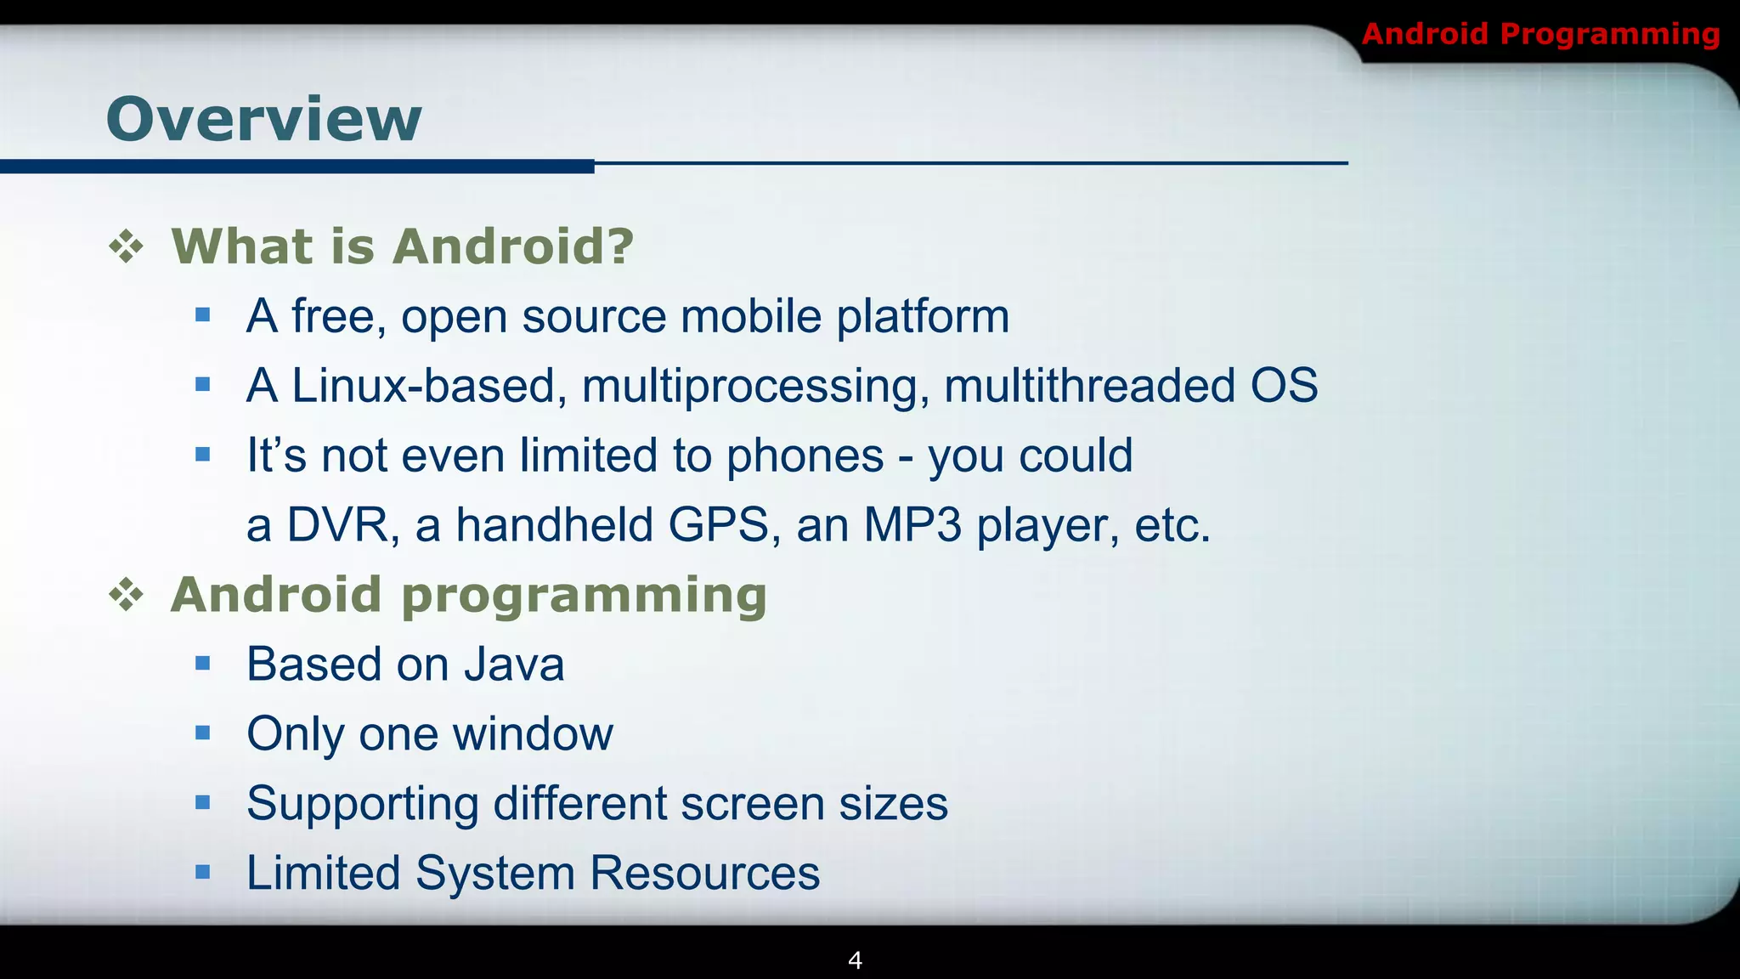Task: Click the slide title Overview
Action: pos(263,119)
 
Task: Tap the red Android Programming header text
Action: pos(1540,34)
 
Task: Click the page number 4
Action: pos(856,960)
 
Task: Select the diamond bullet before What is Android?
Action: pos(127,247)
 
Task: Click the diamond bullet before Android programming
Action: pos(127,595)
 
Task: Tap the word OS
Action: pos(1284,386)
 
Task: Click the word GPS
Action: pos(719,524)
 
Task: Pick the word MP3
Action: pos(912,524)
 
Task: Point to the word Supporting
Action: pos(363,805)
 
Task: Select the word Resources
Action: pos(704,873)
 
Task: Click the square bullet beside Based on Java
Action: pos(202,663)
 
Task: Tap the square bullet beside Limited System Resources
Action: pos(202,871)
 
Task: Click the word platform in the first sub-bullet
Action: pos(923,317)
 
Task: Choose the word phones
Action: pos(805,456)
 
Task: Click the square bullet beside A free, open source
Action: pos(202,315)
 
